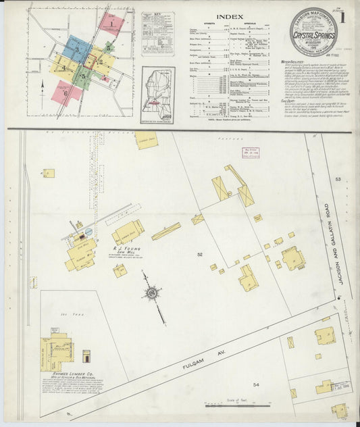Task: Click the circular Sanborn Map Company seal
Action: coord(313,31)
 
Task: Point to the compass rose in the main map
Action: coord(152,293)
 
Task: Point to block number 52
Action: coord(199,254)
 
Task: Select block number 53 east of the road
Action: coord(338,179)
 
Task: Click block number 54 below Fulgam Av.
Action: coord(256,384)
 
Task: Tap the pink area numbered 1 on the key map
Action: coord(111,24)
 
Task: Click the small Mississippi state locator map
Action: coord(158,95)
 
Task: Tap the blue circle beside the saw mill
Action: coord(88,232)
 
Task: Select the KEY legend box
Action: coord(158,35)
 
